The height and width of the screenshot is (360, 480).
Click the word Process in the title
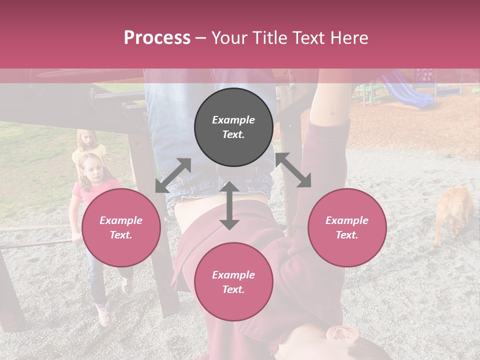[157, 38]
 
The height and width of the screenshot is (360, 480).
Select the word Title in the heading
[269, 38]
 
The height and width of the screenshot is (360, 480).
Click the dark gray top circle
[233, 127]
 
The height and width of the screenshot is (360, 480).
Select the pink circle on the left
[121, 227]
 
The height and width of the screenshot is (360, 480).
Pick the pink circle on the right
[346, 227]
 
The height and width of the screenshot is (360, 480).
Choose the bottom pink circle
[233, 282]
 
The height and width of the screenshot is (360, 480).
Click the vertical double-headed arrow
[229, 205]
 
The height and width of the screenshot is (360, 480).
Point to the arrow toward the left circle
[173, 175]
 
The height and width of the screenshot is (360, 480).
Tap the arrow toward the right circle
[293, 170]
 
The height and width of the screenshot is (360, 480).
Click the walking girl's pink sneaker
[103, 315]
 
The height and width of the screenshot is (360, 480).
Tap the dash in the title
[200, 38]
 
